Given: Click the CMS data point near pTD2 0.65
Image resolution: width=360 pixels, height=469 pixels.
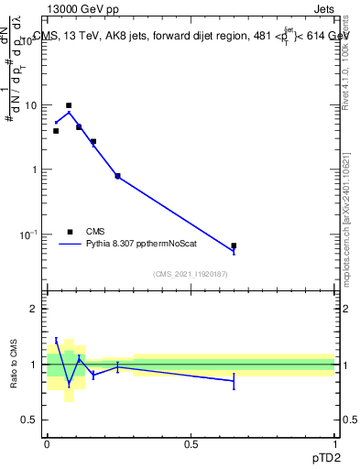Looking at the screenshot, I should click(x=234, y=245).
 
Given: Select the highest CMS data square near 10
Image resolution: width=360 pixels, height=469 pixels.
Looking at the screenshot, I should click(x=69, y=105).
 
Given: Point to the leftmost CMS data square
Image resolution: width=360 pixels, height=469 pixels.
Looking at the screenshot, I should click(x=56, y=131).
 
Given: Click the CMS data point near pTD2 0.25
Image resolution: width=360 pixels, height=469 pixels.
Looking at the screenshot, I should click(x=117, y=176).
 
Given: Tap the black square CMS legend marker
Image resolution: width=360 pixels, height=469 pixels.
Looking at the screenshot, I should click(x=69, y=232).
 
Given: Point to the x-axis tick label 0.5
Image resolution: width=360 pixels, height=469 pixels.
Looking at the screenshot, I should click(x=191, y=442).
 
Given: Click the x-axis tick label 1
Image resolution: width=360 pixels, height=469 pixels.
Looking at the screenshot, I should click(x=335, y=442).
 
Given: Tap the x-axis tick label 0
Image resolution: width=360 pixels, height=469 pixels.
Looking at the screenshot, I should click(x=47, y=442).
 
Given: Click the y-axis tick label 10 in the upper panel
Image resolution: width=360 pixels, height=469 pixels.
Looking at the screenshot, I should click(x=29, y=105).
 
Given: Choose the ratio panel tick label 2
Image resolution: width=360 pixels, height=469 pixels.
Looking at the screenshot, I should click(x=34, y=309).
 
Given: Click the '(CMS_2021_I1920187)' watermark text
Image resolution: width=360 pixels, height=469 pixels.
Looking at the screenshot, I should click(x=191, y=274).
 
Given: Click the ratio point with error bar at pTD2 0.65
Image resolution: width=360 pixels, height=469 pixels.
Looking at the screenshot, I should click(x=234, y=380).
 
